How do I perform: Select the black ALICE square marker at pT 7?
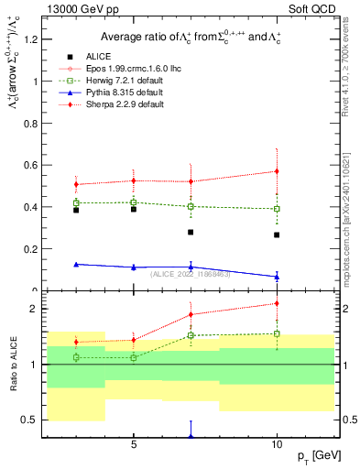point(191,232)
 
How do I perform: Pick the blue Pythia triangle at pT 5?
point(134,267)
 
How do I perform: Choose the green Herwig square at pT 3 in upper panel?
point(76,202)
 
